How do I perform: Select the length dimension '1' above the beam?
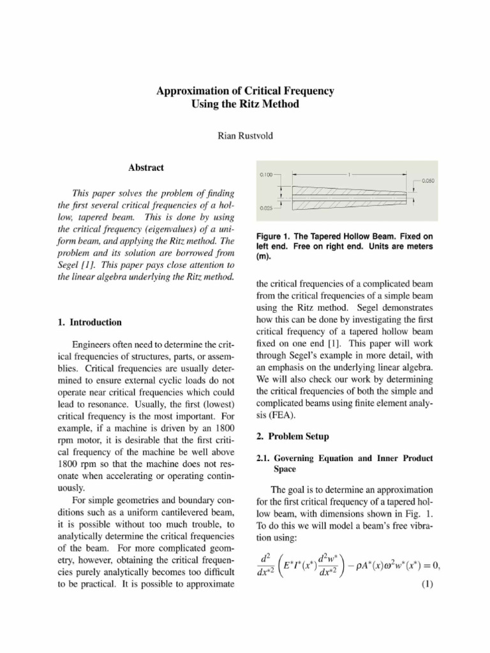350,174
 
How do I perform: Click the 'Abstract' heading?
146,168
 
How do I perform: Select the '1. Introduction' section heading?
89,322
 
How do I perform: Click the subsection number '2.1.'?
265,458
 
